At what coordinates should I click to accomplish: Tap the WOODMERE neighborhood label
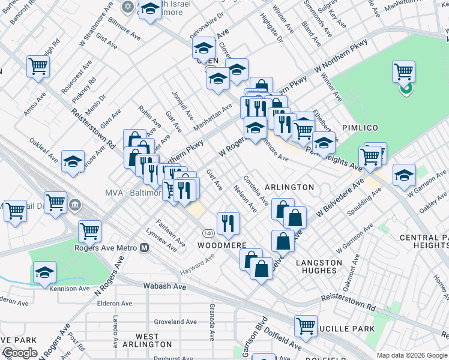pos(222,245)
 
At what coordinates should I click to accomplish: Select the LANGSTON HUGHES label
pos(319,266)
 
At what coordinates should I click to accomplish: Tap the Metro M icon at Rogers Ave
pos(144,247)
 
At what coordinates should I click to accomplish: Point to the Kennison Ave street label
pos(71,289)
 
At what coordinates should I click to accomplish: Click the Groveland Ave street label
pos(175,322)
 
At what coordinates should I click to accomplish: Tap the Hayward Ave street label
pos(197,263)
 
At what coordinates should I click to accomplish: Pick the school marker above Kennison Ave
pos(44,272)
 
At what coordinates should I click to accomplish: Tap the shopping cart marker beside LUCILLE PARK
pos(306,326)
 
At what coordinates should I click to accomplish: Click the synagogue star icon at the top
pos(127,7)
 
